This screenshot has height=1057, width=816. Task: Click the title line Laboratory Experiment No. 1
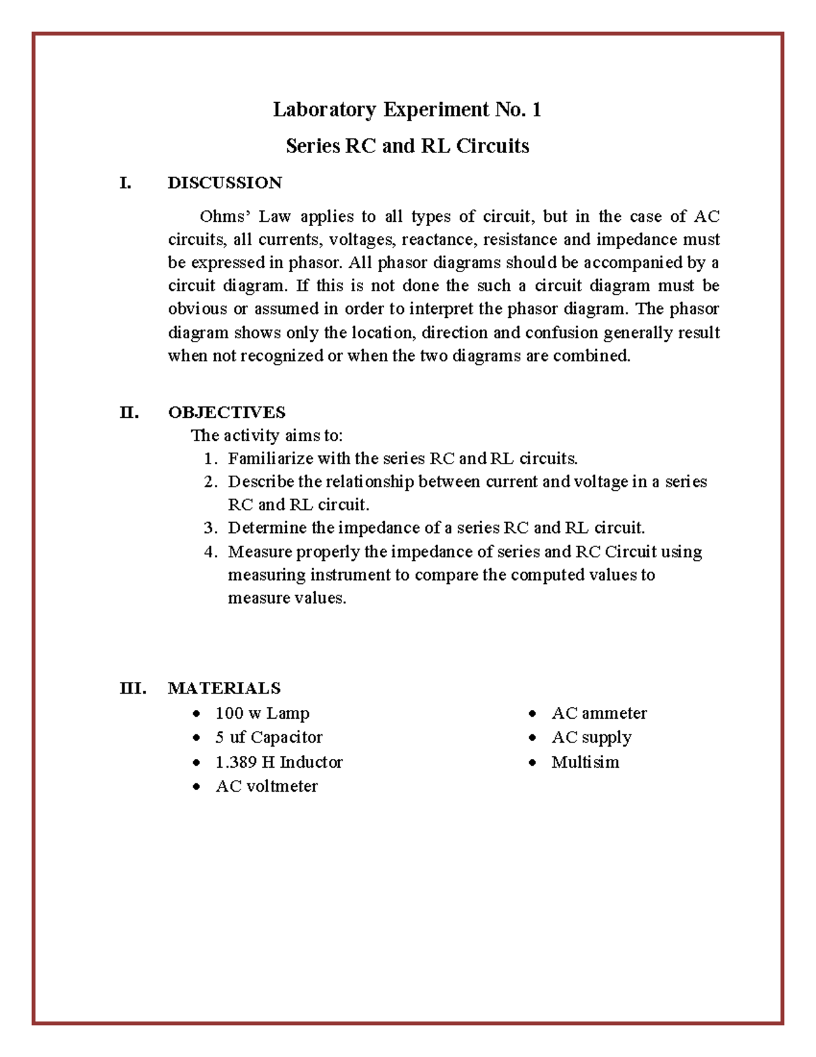coord(407,110)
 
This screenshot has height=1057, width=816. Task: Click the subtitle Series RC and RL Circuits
coord(407,146)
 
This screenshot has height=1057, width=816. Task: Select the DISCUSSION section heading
coord(224,182)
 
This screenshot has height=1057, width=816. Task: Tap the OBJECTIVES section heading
coord(226,412)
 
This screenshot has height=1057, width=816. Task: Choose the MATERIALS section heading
coord(224,688)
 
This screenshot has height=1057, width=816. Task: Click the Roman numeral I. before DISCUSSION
coord(124,182)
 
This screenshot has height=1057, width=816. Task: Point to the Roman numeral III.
coord(133,688)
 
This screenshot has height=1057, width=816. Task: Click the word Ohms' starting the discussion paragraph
coord(225,216)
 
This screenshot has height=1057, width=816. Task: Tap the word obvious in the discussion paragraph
coord(197,309)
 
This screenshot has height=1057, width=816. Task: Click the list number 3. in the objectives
coord(210,528)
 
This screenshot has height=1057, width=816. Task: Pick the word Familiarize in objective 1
coord(271,459)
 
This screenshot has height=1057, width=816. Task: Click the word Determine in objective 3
coord(267,528)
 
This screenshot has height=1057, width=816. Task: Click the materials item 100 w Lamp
coord(262,713)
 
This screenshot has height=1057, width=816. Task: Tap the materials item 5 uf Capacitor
coord(269,737)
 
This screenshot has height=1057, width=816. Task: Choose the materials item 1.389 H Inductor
coord(279,762)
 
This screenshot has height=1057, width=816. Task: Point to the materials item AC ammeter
coord(598,713)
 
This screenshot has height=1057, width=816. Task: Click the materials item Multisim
coord(585,762)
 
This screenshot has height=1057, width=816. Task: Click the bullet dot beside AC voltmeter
coord(197,787)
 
